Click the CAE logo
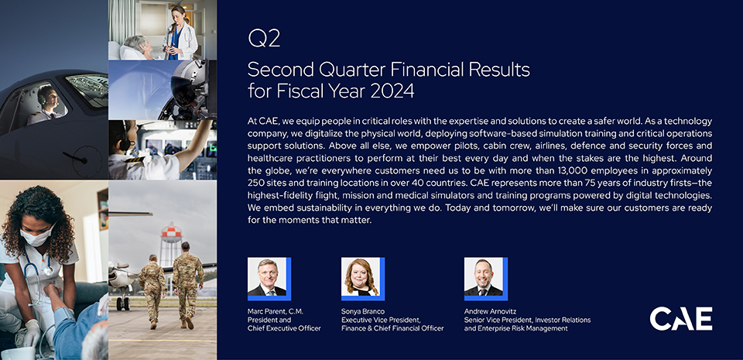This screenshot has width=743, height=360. (680, 319)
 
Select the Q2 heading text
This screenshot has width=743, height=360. (264, 39)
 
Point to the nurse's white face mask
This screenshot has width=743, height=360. (37, 236)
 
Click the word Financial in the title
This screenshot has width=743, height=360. (426, 70)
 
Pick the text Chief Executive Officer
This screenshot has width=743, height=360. (284, 328)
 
